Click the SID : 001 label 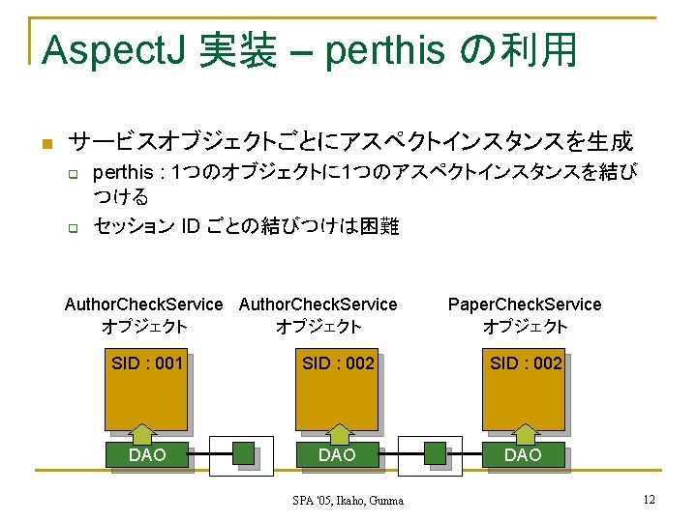point(147,363)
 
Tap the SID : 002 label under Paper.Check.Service point(526,363)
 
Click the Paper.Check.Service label point(525,304)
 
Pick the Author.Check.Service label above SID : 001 point(144,304)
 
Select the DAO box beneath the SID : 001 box point(147,454)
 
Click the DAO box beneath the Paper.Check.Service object point(524,454)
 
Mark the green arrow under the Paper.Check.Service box point(525,432)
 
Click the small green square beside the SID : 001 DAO point(244,453)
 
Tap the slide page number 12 point(649,499)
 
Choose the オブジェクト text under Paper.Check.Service point(525,327)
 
